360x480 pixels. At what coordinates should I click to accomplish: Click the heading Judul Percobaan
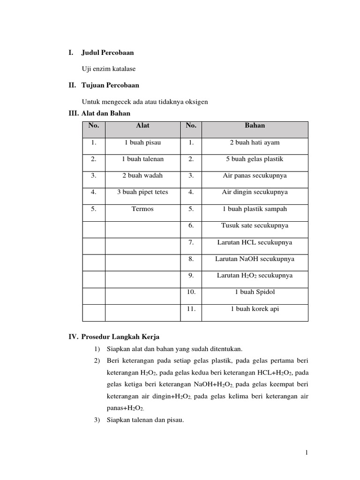[x=107, y=52]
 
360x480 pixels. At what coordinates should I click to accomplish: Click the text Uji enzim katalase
[x=108, y=69]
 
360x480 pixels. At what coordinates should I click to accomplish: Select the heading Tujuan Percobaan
[x=110, y=85]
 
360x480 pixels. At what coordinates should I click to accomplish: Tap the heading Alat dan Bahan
[x=106, y=113]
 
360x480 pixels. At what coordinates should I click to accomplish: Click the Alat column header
[x=142, y=126]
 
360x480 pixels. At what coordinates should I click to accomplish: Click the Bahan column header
[x=255, y=126]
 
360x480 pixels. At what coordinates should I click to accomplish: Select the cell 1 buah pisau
[x=142, y=142]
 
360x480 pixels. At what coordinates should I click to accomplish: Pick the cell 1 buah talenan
[x=142, y=159]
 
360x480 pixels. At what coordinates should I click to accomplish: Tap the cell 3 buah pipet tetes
[x=142, y=192]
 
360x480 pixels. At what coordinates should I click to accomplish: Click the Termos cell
[x=142, y=209]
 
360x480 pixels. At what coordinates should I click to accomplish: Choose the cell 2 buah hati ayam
[x=255, y=142]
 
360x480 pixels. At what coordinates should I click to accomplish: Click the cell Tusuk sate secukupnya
[x=255, y=225]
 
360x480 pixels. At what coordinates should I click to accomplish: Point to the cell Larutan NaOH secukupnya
[x=255, y=259]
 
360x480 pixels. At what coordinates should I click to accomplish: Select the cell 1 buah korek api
[x=255, y=309]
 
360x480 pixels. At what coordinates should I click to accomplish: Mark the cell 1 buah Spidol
[x=255, y=292]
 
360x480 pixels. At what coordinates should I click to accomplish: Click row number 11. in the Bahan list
[x=191, y=309]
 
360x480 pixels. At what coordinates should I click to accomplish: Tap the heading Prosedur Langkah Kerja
[x=120, y=337]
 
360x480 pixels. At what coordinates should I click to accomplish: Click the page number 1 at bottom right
[x=306, y=452]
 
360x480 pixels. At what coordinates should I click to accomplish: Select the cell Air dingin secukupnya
[x=255, y=192]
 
